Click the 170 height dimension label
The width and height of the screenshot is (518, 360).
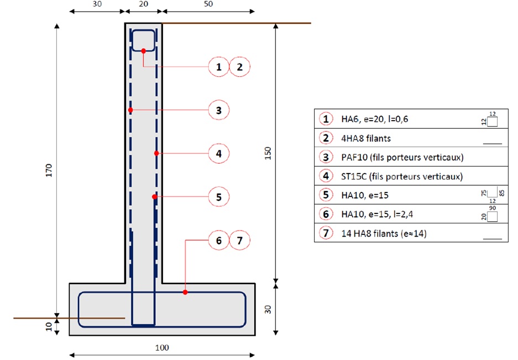click(x=49, y=170)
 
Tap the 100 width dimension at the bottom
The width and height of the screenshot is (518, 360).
click(x=162, y=347)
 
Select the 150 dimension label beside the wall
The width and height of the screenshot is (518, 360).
click(x=268, y=153)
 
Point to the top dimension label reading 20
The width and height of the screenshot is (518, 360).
click(x=143, y=4)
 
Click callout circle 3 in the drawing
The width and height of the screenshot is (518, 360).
click(x=219, y=110)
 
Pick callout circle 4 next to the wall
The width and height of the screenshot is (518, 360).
click(x=219, y=153)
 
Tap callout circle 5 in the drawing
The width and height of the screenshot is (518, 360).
click(x=219, y=197)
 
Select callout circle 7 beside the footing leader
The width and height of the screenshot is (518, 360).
click(x=240, y=241)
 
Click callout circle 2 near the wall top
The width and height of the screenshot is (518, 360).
click(x=240, y=67)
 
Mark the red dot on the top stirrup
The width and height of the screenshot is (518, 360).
click(x=143, y=51)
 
